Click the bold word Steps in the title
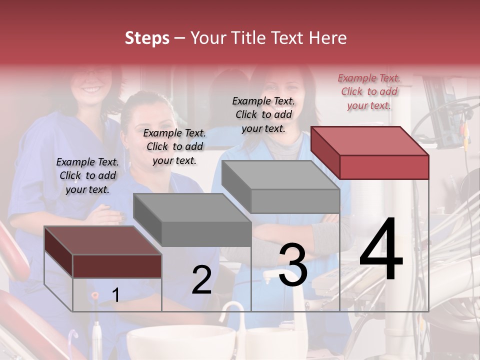tap(147, 38)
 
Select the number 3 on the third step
tap(292, 265)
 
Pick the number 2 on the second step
tap(201, 280)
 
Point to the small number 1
tap(115, 295)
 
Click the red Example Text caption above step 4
tap(369, 92)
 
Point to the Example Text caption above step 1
tap(87, 176)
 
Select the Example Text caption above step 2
tap(174, 147)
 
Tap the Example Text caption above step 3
tap(263, 115)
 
